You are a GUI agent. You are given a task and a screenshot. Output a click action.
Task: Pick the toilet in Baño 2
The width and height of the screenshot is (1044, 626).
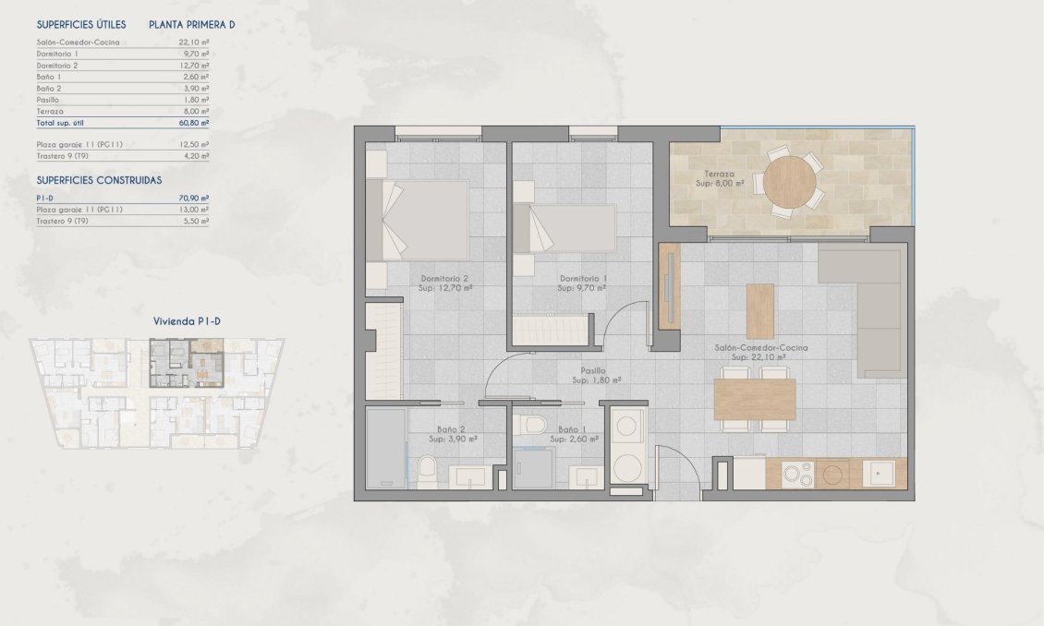click(427, 475)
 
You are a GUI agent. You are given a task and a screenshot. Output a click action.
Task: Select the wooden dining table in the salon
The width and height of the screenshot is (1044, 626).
click(754, 399)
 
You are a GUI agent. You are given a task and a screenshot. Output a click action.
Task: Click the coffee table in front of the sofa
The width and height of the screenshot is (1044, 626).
click(759, 310)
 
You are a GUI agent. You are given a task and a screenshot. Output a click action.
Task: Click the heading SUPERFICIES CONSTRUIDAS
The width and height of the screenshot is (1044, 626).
click(99, 180)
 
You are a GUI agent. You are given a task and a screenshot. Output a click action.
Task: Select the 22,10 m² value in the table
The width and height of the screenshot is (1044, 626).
click(194, 42)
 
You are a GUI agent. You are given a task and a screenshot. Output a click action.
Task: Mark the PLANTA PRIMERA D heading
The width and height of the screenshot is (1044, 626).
click(192, 25)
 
